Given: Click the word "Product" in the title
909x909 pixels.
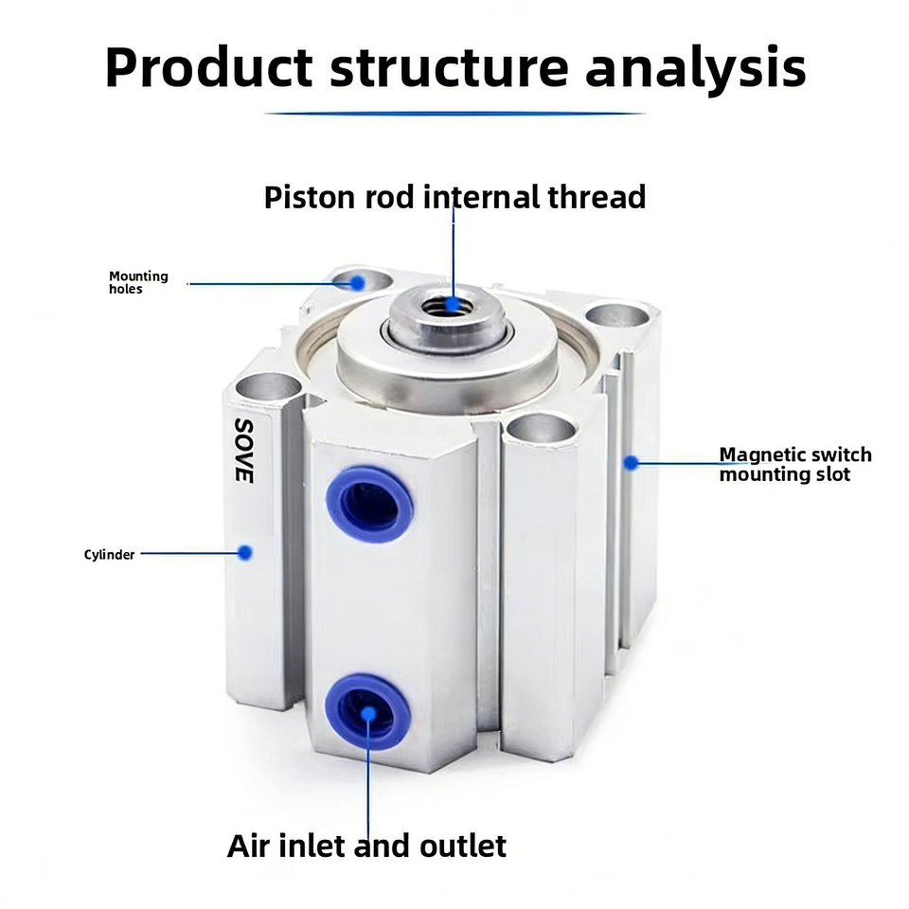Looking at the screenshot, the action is click(209, 67).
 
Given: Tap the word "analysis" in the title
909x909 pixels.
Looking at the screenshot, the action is click(696, 69).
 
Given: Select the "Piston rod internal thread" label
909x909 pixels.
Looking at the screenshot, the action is click(455, 197).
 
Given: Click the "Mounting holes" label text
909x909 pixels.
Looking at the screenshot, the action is click(138, 282).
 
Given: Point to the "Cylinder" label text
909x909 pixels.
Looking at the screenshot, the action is click(109, 555).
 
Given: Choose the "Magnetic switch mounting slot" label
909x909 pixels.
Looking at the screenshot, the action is click(795, 464).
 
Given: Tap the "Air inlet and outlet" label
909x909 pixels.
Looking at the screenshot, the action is click(366, 846).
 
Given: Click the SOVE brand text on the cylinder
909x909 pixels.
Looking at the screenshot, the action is click(244, 451).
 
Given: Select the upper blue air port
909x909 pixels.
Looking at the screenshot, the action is click(369, 505).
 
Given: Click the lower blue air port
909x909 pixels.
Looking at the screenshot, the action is click(367, 711).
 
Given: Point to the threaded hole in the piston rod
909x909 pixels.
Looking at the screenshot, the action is click(447, 305).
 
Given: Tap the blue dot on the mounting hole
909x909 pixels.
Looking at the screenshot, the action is click(358, 283).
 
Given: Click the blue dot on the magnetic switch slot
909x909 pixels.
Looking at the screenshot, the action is click(631, 463).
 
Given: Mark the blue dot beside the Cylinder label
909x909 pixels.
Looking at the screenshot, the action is click(245, 552).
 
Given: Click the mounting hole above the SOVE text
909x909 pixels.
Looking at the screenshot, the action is click(268, 386).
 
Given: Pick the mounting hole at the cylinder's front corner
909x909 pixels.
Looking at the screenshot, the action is click(542, 429).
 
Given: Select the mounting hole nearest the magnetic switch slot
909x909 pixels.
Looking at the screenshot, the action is click(616, 316).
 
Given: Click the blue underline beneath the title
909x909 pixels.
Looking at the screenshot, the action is click(455, 114).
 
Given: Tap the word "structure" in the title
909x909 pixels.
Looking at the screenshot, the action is click(449, 68).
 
